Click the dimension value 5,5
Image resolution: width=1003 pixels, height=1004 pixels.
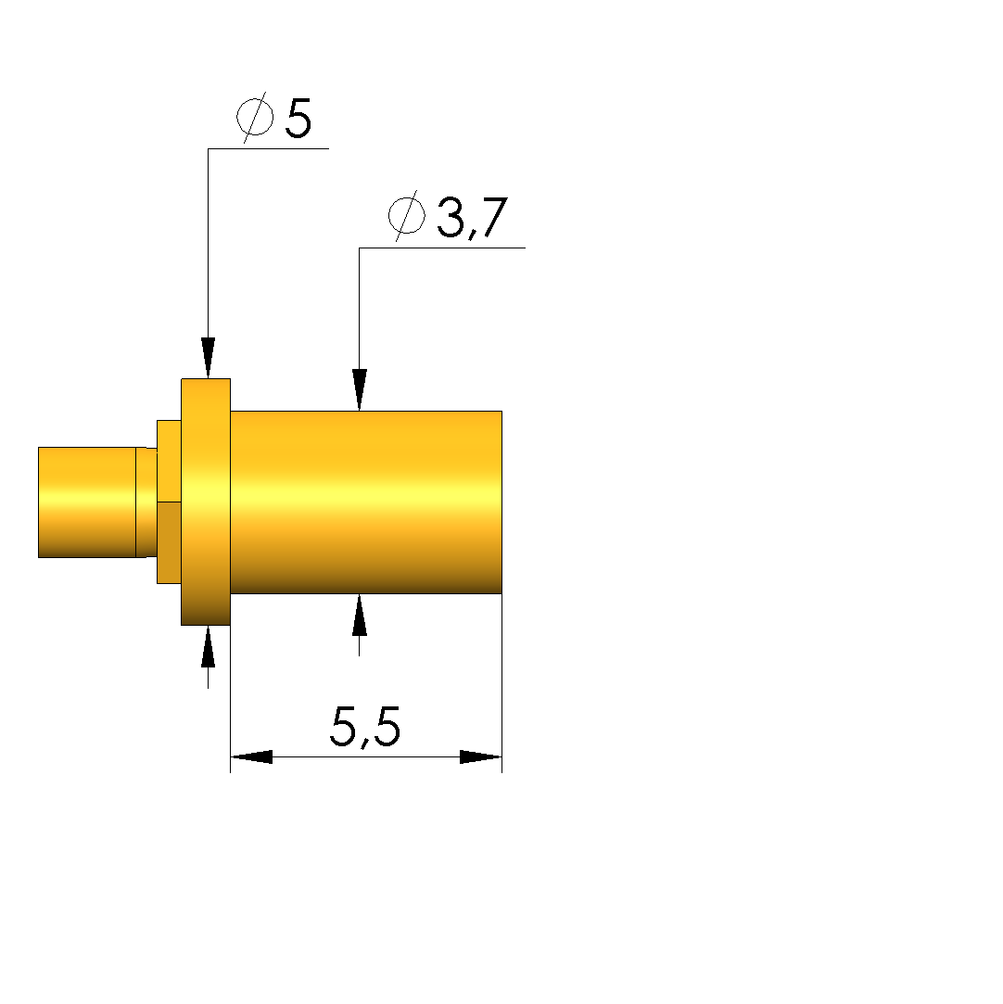365,727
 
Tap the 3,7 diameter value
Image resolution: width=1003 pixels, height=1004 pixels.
473,217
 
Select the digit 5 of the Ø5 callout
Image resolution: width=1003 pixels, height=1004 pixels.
298,118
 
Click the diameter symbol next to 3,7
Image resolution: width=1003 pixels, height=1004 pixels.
406,215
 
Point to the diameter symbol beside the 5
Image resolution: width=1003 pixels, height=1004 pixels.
255,117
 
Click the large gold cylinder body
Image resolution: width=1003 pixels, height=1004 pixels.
366,502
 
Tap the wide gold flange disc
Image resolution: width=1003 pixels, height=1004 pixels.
206,502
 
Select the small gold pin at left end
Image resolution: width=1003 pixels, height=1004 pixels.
87,502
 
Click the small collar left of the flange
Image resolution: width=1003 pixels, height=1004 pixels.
169,502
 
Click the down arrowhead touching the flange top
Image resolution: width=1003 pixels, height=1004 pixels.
208,357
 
